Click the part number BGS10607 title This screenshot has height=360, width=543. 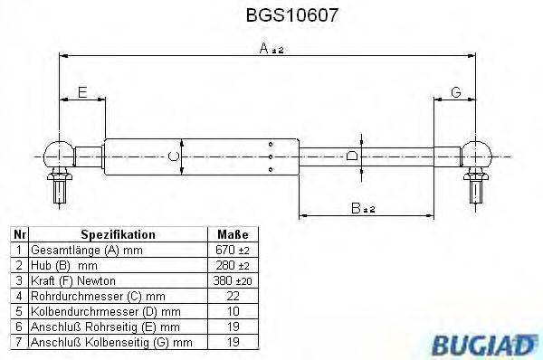[271, 15]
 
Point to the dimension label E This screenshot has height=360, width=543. [81, 92]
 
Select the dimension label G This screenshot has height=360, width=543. [455, 92]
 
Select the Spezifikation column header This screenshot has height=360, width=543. [119, 233]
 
